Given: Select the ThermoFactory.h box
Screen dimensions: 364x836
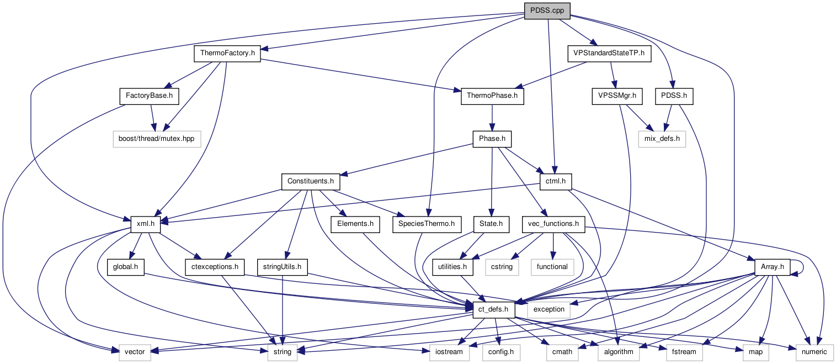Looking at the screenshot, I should tap(227, 54).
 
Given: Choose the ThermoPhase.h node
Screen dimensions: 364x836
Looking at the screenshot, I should tap(492, 96).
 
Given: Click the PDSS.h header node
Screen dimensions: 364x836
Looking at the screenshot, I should tap(674, 96).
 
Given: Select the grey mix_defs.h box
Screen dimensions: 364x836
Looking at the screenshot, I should tap(662, 139).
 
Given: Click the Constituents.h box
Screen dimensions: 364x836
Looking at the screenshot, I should tap(310, 181).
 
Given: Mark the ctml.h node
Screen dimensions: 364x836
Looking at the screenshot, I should tap(556, 181).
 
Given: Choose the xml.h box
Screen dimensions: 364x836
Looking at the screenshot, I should tap(145, 224).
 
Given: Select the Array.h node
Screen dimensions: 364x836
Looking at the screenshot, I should tap(772, 266).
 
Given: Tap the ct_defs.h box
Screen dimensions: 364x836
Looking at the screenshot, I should tap(494, 309).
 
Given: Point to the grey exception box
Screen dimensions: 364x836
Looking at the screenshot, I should tap(549, 309).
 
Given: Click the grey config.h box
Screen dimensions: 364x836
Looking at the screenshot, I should tap(500, 351).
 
